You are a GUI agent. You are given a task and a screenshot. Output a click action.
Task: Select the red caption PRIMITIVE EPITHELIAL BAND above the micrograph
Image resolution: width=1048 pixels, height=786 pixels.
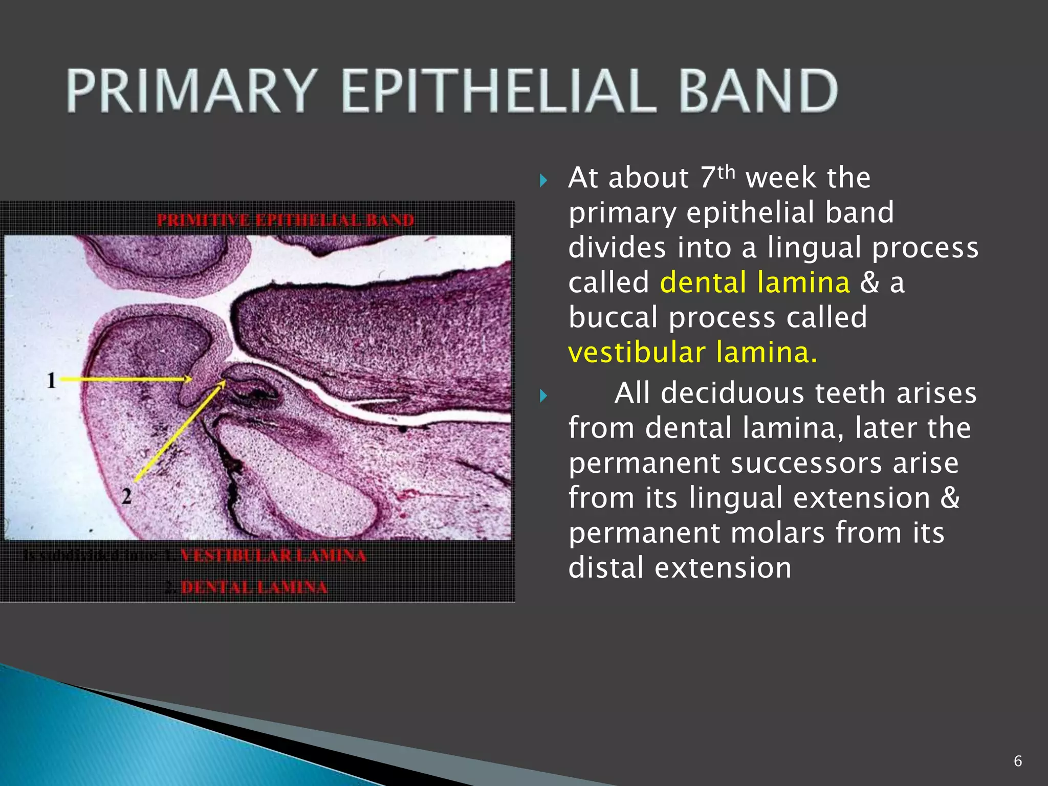click(x=285, y=220)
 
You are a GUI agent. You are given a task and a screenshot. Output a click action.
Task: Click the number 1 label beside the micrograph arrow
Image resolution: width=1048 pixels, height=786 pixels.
click(x=51, y=380)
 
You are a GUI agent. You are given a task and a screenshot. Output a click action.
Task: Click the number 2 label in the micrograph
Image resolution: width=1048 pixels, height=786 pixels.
click(x=126, y=495)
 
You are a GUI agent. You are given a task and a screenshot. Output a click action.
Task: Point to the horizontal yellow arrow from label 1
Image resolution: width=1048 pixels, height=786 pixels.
click(x=125, y=379)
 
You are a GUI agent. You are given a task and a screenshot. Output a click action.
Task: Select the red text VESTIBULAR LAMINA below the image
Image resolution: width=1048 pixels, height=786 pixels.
click(x=273, y=556)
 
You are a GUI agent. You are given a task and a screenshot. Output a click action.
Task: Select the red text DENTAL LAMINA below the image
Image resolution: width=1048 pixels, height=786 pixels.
click(x=254, y=587)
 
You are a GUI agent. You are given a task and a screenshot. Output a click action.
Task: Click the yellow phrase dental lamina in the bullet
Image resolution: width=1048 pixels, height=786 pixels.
click(x=755, y=283)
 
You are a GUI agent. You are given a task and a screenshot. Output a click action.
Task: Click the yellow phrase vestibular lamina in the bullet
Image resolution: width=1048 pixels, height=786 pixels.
click(x=692, y=353)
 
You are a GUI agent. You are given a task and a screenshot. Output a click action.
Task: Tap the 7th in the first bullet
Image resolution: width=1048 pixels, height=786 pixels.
click(x=716, y=177)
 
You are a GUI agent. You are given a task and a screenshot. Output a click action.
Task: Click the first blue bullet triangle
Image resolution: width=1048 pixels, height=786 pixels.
click(x=543, y=180)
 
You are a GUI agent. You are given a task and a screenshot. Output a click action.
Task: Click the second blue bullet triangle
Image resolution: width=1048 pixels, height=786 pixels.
click(x=543, y=396)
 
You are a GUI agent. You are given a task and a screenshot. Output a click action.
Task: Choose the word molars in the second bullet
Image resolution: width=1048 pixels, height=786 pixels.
click(x=777, y=533)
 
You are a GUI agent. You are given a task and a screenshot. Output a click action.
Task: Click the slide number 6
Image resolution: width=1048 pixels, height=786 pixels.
click(x=1017, y=761)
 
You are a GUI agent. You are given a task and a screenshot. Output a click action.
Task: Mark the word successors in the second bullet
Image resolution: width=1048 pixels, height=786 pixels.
click(x=806, y=464)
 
